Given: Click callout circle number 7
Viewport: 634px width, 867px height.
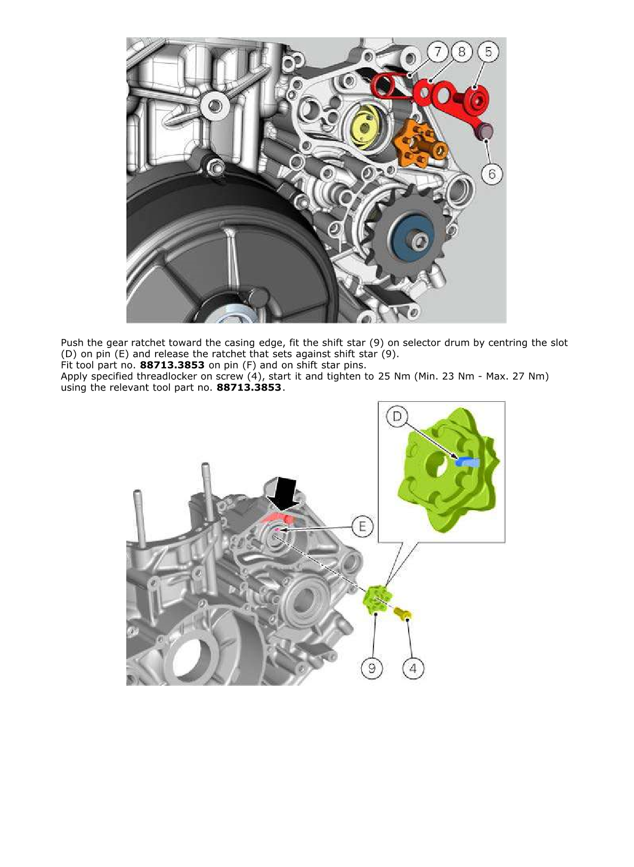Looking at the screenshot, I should pyautogui.click(x=438, y=52).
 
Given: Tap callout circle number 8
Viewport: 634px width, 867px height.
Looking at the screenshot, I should pyautogui.click(x=461, y=52).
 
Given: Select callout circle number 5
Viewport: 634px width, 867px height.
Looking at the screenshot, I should pyautogui.click(x=488, y=52).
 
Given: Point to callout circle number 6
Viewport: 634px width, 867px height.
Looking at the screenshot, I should pyautogui.click(x=492, y=174).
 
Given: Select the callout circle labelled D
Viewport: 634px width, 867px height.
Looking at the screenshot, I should pyautogui.click(x=397, y=416).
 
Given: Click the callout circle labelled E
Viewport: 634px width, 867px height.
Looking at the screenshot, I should pyautogui.click(x=362, y=527).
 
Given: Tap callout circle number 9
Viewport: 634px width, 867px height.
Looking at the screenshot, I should pyautogui.click(x=371, y=668).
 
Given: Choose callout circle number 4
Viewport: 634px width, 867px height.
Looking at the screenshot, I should pyautogui.click(x=413, y=668).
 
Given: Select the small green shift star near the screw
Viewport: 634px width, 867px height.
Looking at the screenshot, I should pyautogui.click(x=377, y=601).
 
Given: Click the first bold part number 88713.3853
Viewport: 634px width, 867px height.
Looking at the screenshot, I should pyautogui.click(x=172, y=365).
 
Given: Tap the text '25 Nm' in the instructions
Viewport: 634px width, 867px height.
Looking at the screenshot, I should pyautogui.click(x=392, y=376).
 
